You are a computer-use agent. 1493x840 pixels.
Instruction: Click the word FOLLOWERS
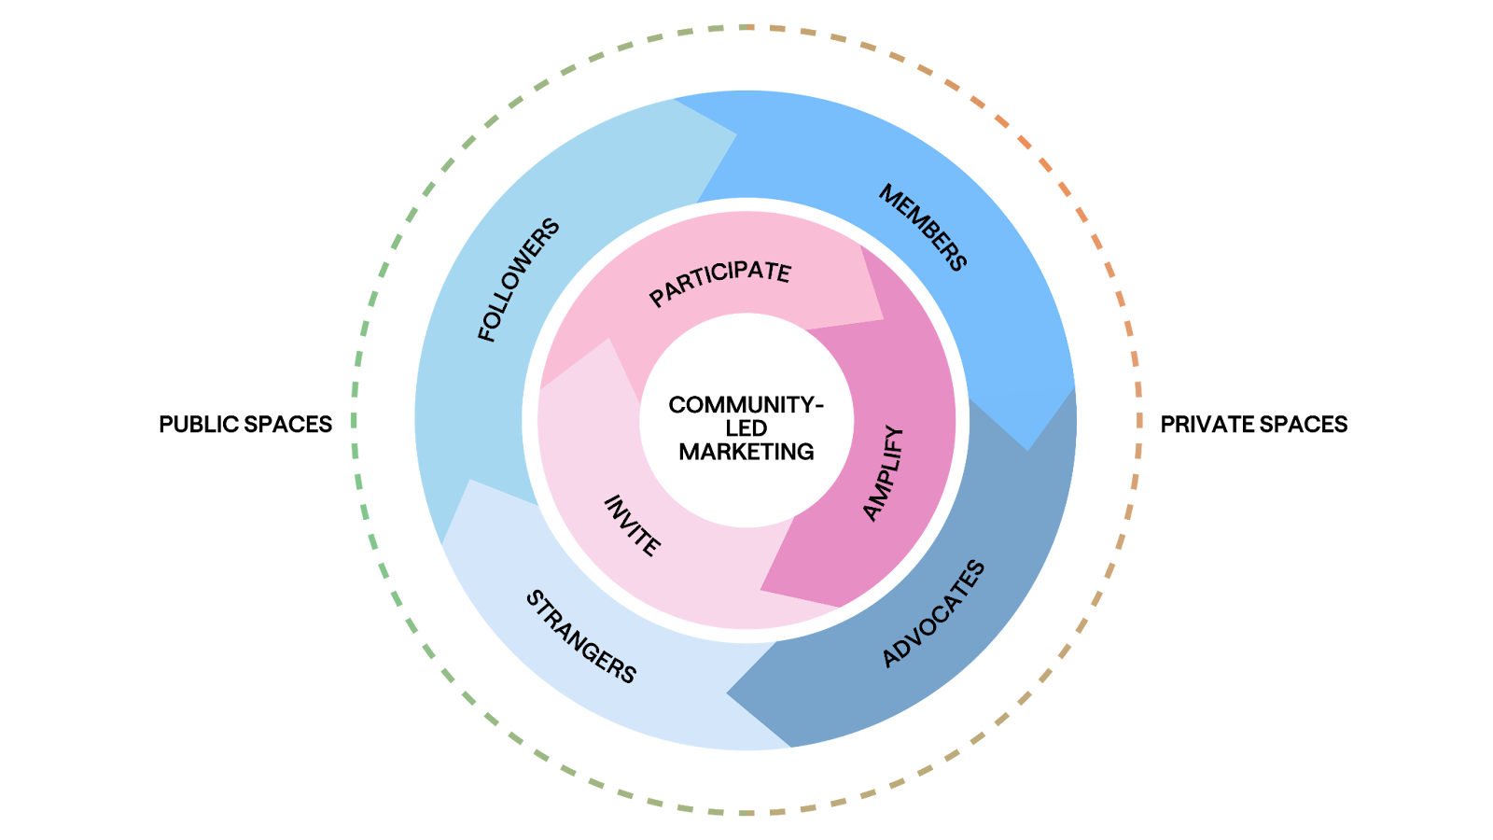(x=519, y=280)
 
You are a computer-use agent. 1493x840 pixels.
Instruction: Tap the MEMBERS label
(x=923, y=228)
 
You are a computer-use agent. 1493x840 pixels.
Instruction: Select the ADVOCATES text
(x=933, y=613)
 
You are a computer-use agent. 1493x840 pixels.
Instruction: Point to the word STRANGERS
(x=581, y=637)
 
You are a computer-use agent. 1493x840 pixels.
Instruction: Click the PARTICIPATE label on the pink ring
(x=719, y=283)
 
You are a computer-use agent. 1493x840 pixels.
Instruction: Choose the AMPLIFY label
(x=883, y=473)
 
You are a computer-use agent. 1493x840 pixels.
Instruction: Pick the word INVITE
(x=633, y=525)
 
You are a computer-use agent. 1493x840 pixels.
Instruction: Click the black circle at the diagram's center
(x=746, y=420)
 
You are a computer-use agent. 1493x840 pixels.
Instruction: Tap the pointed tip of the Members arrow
(x=1027, y=451)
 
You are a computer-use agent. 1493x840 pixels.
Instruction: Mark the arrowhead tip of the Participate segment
(x=883, y=320)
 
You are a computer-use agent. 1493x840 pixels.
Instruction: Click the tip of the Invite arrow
(x=609, y=339)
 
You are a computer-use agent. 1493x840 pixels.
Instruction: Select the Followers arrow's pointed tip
(x=736, y=134)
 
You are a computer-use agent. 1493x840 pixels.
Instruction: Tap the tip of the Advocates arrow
(x=727, y=694)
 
